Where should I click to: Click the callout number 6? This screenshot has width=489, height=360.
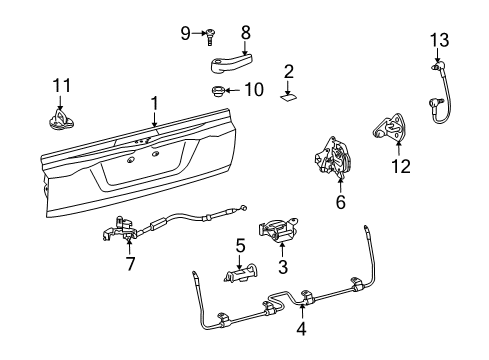pyautogui.click(x=340, y=200)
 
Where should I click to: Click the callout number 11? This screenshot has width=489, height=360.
pyautogui.click(x=62, y=84)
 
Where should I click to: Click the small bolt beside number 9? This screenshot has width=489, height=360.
pyautogui.click(x=211, y=36)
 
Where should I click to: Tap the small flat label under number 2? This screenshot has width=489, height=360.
pyautogui.click(x=288, y=97)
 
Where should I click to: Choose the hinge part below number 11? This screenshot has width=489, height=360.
pyautogui.click(x=59, y=119)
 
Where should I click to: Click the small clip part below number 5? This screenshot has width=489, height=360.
pyautogui.click(x=240, y=272)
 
